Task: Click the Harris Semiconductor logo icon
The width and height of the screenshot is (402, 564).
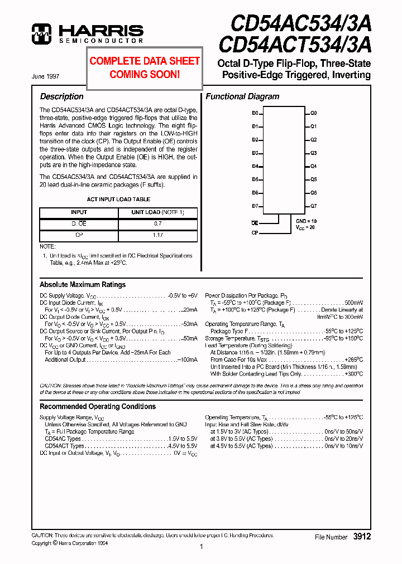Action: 41,33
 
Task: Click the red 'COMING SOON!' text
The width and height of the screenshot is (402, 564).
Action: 145,74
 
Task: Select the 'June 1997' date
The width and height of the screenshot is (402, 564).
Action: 46,76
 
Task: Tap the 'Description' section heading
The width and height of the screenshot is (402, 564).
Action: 62,96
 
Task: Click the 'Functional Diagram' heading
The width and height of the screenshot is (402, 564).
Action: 242,96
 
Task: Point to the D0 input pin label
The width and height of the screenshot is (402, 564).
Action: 255,113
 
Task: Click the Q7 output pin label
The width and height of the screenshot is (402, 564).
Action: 314,206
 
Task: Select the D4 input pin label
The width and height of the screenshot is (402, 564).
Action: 255,166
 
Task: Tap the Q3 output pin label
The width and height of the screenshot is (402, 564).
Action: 314,153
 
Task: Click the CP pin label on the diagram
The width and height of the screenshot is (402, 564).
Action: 255,232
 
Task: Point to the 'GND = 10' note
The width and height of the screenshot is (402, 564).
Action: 307,221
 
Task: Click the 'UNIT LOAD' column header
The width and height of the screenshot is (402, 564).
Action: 157,212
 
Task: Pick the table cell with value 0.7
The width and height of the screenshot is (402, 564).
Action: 157,223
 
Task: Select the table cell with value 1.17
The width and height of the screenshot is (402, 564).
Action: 157,235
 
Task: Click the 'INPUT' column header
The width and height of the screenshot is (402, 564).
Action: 79,212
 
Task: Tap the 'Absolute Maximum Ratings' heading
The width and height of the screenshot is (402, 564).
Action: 83,284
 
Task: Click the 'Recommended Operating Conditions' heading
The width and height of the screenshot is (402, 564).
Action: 98,406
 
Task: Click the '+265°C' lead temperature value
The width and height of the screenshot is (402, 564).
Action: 353,359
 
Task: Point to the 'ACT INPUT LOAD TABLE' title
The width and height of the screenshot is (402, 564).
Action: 118,199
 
